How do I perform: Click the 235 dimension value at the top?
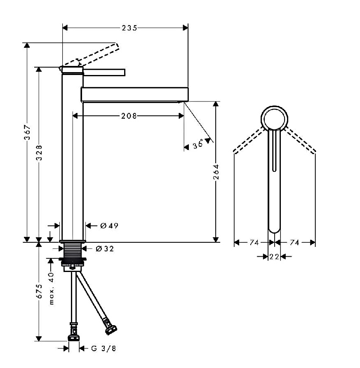129,28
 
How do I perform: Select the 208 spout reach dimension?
129,116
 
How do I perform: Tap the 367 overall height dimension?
27,133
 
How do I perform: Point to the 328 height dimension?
39,152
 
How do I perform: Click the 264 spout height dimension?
216,172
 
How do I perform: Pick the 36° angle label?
198,144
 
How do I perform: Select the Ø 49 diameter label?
109,226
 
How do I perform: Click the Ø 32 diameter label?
105,249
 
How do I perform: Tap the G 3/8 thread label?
104,349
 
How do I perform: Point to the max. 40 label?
52,288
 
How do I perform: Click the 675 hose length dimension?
39,291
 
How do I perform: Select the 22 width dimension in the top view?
274,257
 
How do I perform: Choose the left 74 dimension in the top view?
254,242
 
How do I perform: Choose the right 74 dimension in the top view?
294,242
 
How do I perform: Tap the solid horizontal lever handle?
104,73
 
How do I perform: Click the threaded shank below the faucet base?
73,251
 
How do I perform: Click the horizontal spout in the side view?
134,95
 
